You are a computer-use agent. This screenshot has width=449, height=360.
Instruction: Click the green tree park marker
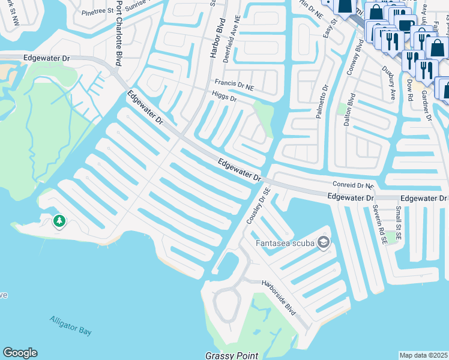(59, 221)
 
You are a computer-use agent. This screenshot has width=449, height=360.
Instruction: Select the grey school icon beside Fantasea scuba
(324, 242)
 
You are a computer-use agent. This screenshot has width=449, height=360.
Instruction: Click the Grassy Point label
(231, 355)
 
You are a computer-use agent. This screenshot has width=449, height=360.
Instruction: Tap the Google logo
(20, 353)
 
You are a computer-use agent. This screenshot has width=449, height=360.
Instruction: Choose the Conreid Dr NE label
(353, 186)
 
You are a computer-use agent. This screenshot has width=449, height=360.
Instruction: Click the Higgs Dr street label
(224, 96)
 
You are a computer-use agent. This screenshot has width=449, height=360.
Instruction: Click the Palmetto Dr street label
(322, 101)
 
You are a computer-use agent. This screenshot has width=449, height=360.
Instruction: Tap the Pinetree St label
(97, 11)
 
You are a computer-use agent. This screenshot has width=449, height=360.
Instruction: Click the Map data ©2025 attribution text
(424, 355)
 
